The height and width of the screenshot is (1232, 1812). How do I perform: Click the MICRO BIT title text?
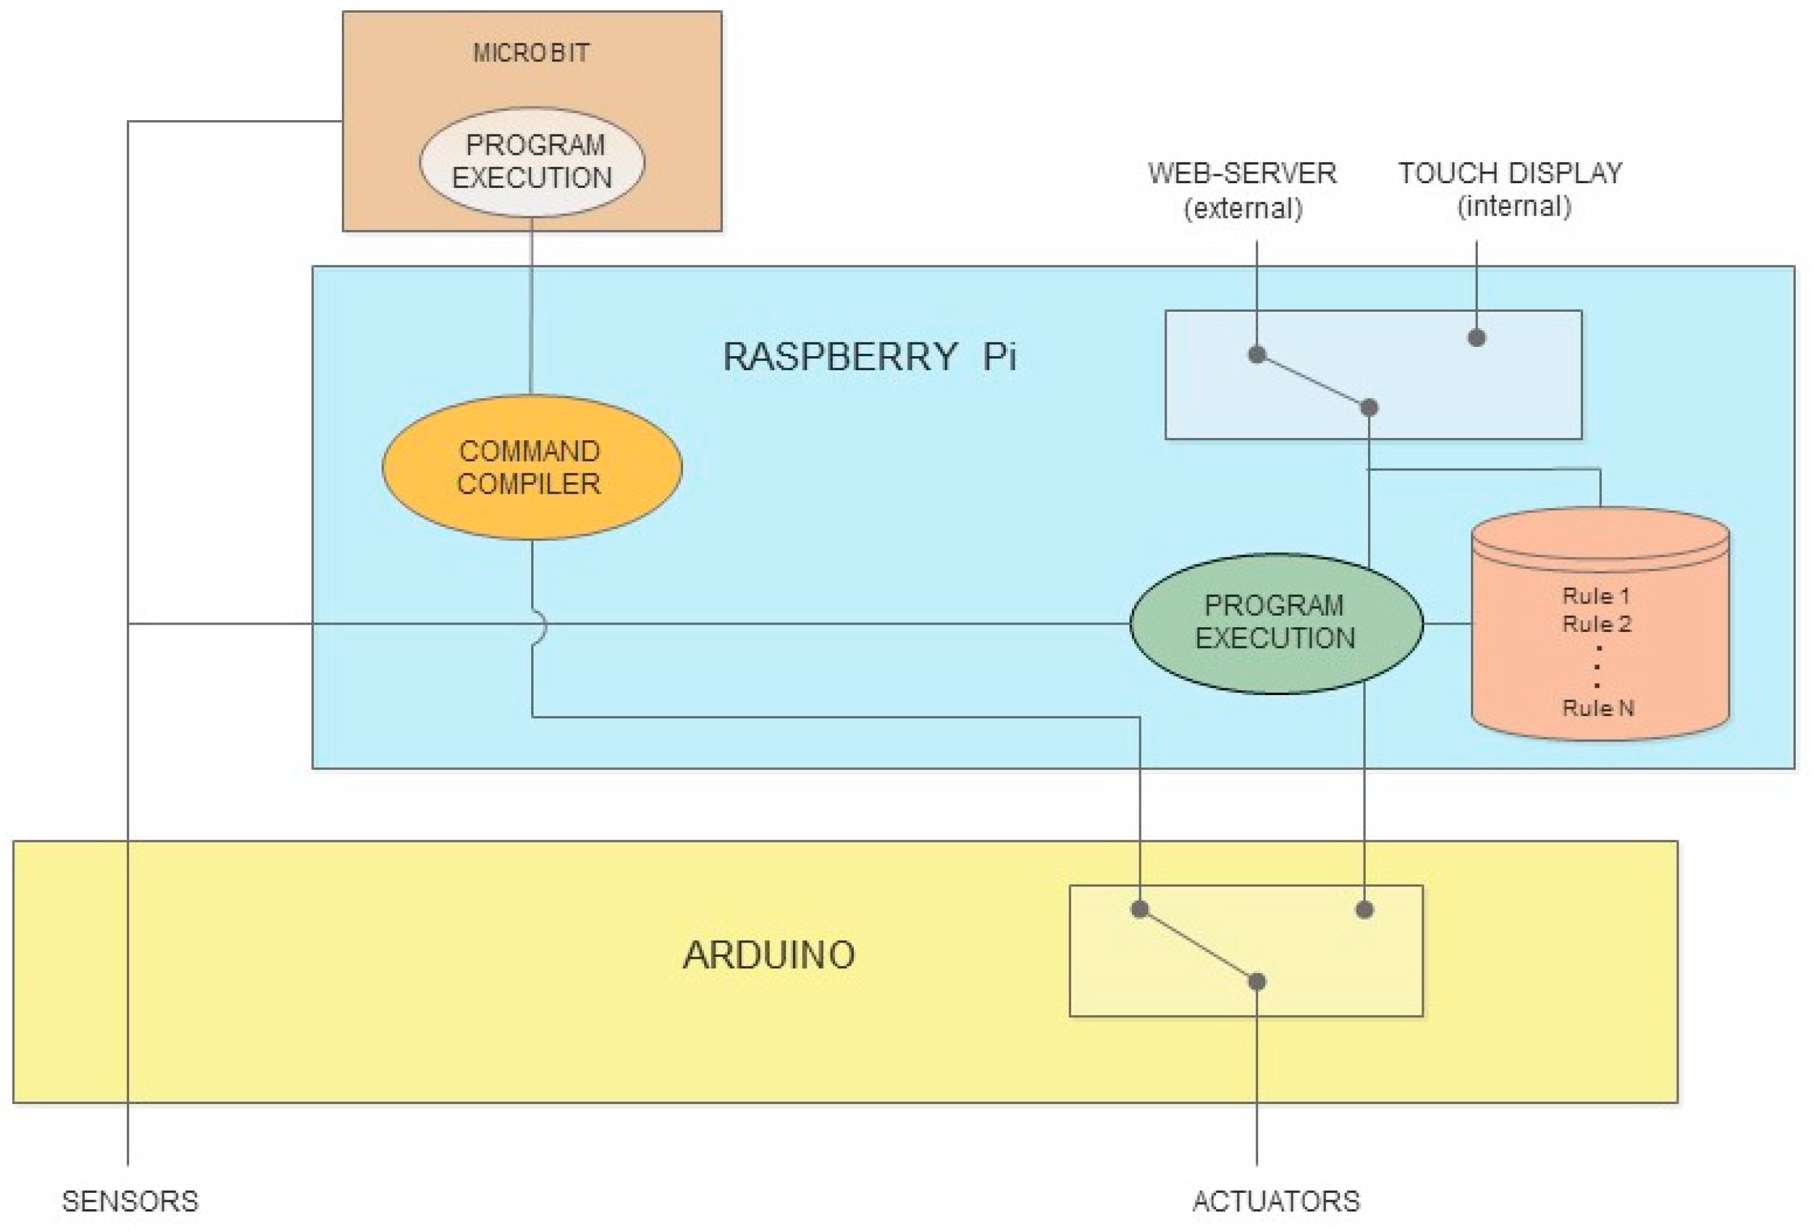531,53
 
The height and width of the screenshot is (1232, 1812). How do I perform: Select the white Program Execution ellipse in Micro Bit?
532,162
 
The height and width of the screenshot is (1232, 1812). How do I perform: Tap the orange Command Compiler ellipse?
531,467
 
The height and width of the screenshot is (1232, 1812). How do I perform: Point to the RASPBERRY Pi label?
869,357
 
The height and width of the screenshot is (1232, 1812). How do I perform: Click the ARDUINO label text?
769,955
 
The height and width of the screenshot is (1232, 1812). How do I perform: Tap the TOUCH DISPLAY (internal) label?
1510,189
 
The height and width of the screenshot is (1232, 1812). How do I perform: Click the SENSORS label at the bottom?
130,1201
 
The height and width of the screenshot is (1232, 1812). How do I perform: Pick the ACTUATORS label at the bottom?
1275,1201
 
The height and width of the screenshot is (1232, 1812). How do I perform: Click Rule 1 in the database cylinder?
1596,596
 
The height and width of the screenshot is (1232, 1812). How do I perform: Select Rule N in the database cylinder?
1598,708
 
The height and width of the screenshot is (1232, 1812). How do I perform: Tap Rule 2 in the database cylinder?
1597,624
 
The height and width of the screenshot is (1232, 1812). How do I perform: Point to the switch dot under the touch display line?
1477,338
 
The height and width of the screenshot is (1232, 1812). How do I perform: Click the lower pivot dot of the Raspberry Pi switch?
1369,408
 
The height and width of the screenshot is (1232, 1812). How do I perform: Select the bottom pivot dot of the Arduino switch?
1257,982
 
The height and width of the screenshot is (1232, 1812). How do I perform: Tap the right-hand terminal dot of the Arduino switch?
1364,909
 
